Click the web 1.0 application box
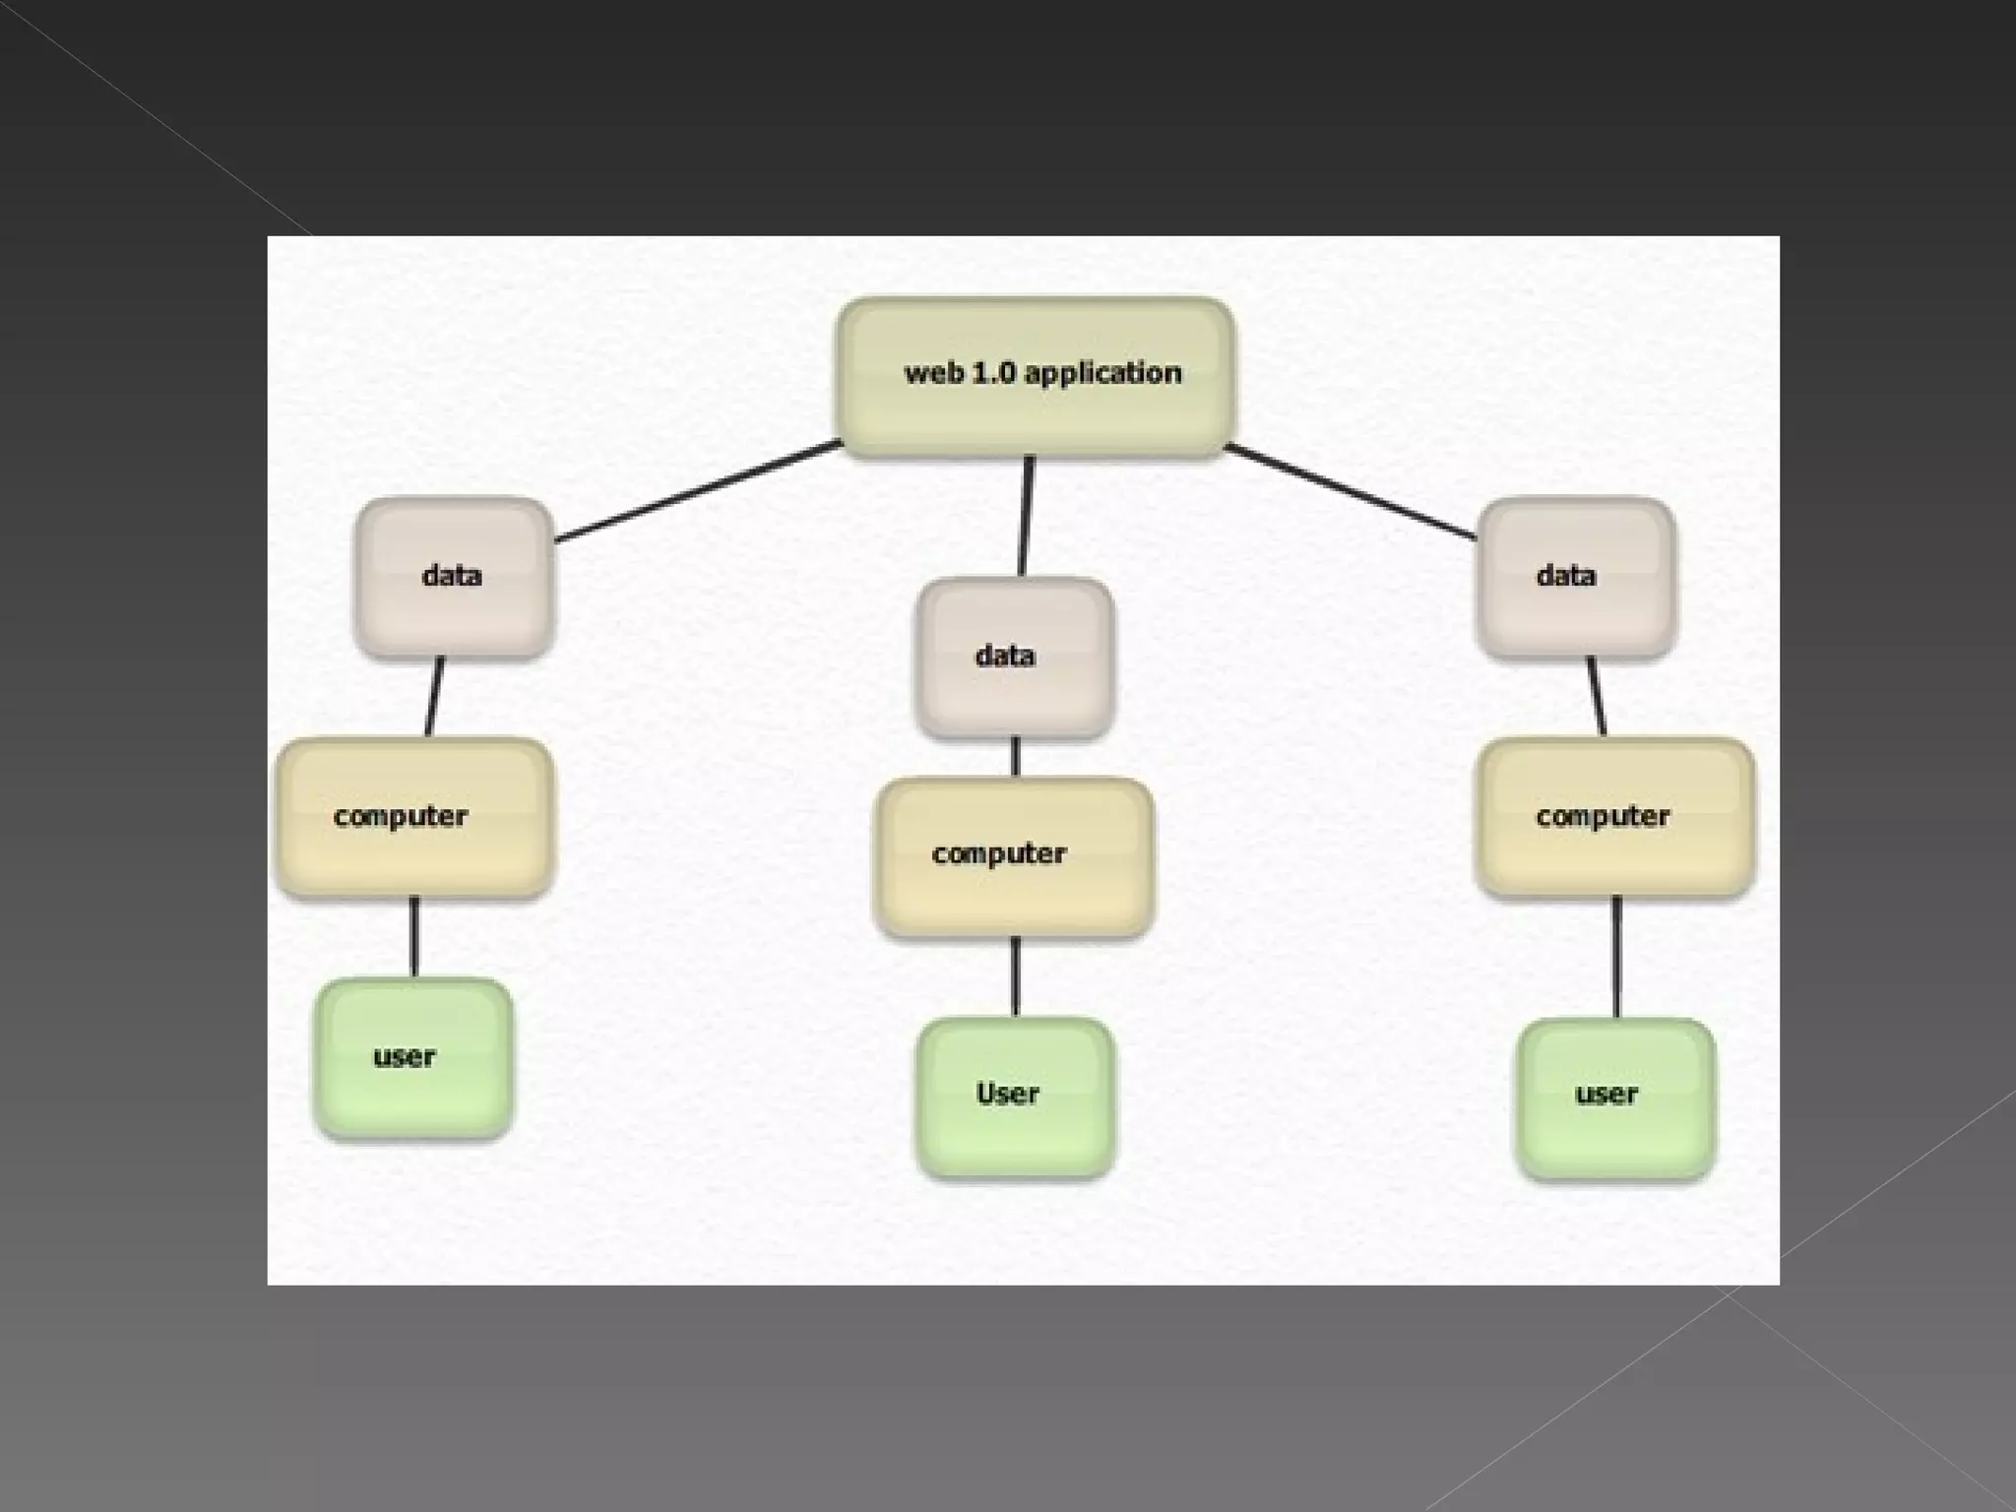(1036, 376)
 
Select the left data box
(453, 577)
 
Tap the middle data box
(1014, 658)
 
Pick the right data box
(1575, 577)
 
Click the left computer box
(413, 817)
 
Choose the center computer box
(1014, 856)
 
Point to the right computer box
(1614, 817)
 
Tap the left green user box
(413, 1058)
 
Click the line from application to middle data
(1025, 517)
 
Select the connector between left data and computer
(434, 696)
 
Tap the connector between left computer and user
(414, 936)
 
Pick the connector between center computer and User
(1016, 976)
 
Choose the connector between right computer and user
(1616, 957)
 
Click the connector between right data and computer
(1597, 696)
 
